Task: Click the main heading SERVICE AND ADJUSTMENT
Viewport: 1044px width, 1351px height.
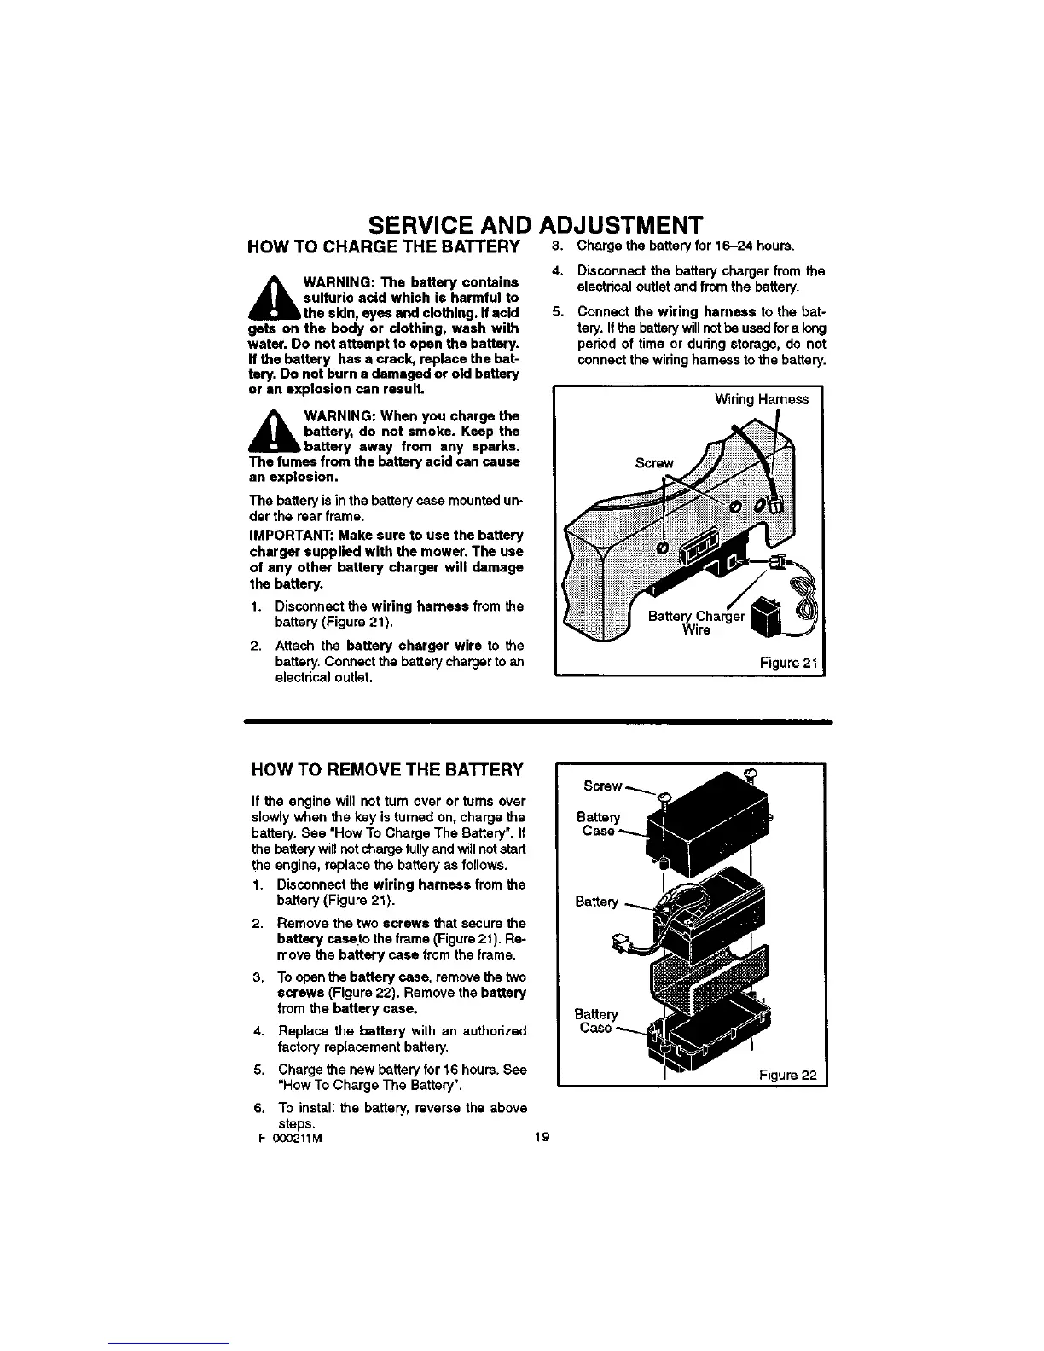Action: [x=535, y=225]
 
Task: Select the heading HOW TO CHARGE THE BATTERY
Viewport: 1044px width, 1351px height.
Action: [x=383, y=247]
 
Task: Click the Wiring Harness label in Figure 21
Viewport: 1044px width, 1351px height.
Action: [x=761, y=399]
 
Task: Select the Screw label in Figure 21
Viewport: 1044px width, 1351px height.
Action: [x=654, y=463]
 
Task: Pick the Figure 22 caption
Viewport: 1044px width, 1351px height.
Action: [x=788, y=1075]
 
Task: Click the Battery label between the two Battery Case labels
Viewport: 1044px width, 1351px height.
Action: [x=597, y=902]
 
